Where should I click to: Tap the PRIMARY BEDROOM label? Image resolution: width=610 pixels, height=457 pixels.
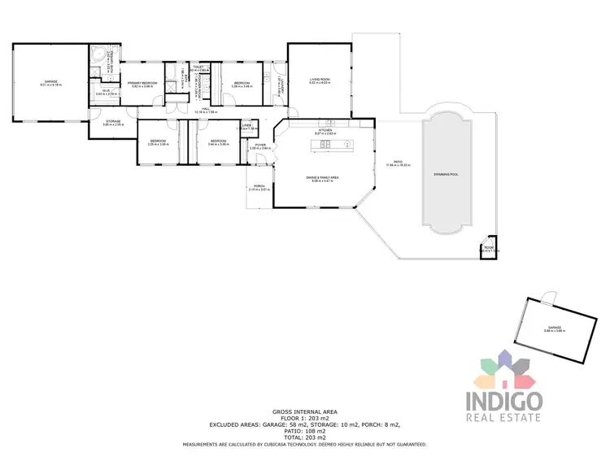click(142, 83)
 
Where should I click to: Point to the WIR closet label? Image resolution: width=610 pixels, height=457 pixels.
click(106, 90)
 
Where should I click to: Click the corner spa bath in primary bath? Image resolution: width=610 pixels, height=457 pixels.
click(98, 54)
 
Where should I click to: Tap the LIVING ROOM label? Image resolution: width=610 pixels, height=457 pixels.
click(317, 80)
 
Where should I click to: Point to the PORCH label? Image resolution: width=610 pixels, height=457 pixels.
click(259, 187)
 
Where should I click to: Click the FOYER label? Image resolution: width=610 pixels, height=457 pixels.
click(259, 145)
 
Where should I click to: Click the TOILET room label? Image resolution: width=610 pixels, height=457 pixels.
click(198, 67)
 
